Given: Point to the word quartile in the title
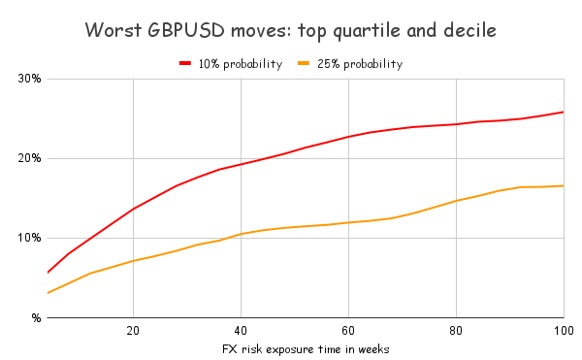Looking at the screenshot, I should pyautogui.click(x=358, y=31).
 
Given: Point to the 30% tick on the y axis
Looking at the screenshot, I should pyautogui.click(x=28, y=79).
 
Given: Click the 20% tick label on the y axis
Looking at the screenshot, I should pyautogui.click(x=28, y=158).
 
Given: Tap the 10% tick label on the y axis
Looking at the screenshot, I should pyautogui.click(x=28, y=238).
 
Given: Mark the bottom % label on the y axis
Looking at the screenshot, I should pyautogui.click(x=34, y=317).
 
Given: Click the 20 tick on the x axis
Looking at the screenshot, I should pyautogui.click(x=133, y=329).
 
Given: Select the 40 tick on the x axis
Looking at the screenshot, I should pyautogui.click(x=241, y=329).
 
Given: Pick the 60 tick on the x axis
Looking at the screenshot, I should pyautogui.click(x=348, y=329).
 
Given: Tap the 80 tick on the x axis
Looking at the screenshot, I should pyautogui.click(x=456, y=329).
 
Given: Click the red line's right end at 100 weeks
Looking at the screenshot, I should pyautogui.click(x=564, y=112).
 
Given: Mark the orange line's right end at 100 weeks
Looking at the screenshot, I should pyautogui.click(x=564, y=185).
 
